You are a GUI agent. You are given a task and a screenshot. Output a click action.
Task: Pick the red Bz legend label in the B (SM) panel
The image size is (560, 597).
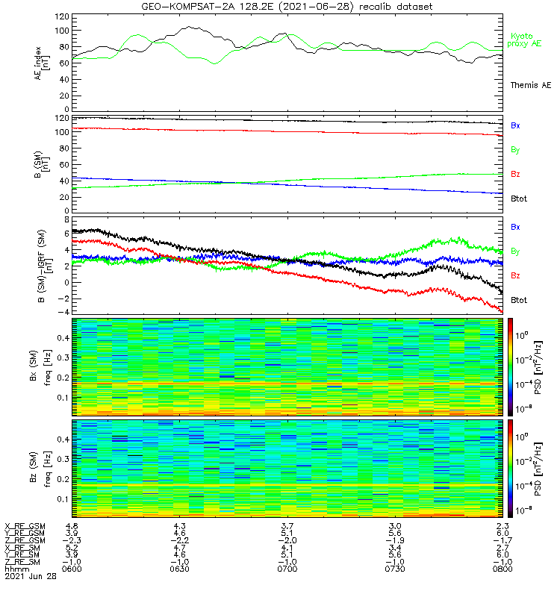pyautogui.click(x=514, y=175)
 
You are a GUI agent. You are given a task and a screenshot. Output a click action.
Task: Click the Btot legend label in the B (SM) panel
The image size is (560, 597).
pyautogui.click(x=518, y=199)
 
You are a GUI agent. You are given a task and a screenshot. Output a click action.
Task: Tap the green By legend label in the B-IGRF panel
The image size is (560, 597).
pyautogui.click(x=514, y=251)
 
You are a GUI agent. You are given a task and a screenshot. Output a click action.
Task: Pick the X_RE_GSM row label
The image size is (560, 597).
pyautogui.click(x=25, y=526)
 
